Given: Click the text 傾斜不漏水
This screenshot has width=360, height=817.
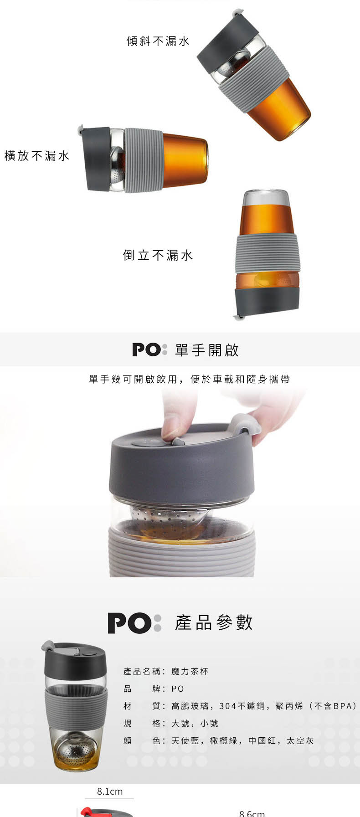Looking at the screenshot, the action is pos(158,41).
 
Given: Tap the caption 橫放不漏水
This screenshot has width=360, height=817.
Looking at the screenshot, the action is pos(37,156).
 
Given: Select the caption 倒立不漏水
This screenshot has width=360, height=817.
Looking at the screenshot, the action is pos(158,255).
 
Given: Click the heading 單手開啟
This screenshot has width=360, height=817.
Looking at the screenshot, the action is pos(207,350).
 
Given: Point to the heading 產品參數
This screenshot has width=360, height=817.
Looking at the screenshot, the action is pos(214,622).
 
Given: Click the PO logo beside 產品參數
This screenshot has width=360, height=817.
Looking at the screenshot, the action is pos(134,623).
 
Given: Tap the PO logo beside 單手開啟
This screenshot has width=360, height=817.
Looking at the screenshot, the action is pos(150,350).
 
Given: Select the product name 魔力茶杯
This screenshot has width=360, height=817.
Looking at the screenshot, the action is pos(190,671).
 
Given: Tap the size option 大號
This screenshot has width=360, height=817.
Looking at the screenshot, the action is pos(180,723).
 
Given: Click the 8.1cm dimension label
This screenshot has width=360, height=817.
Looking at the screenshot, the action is pos(110,791).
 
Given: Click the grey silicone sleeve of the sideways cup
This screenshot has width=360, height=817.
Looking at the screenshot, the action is pos(144,160).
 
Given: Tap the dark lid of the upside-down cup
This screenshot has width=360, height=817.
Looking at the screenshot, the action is pos(267,301).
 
